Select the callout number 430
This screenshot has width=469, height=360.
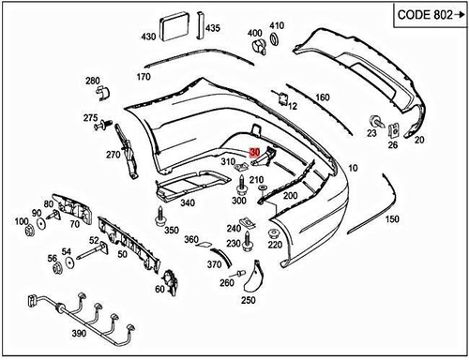148,37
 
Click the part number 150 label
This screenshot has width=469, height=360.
391,219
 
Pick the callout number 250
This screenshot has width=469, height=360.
248,301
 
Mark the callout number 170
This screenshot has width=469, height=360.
144,76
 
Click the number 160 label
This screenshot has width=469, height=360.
322,97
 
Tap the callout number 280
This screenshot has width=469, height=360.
92,82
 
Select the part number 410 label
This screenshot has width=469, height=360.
277,25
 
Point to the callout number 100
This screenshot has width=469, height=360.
21,222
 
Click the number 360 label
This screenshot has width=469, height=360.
191,240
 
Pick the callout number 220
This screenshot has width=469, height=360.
275,245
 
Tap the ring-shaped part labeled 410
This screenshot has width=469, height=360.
276,39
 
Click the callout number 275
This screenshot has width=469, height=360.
90,118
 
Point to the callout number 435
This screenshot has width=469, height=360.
213,29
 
